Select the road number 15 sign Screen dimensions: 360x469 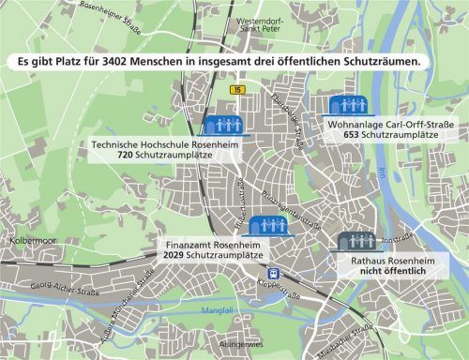tap(239, 89)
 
